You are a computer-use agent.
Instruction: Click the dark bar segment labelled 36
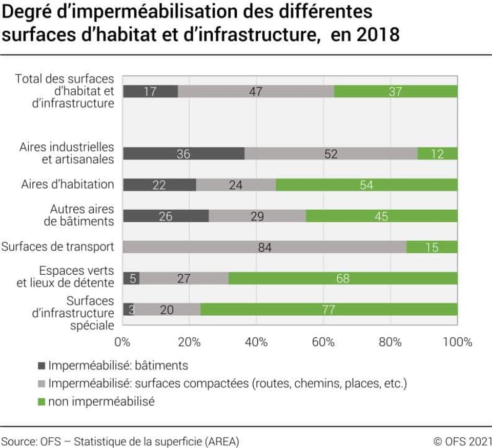click(183, 153)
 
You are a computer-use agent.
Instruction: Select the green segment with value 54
click(366, 185)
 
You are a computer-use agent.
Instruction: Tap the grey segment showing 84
click(265, 247)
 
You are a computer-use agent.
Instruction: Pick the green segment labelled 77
click(329, 309)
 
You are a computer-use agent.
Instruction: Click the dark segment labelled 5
click(131, 278)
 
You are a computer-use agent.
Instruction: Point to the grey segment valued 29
click(257, 216)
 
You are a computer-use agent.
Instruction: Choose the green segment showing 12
click(437, 153)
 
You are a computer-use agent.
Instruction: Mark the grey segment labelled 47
click(256, 91)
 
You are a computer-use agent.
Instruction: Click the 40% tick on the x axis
click(256, 342)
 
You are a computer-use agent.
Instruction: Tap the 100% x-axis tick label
click(458, 342)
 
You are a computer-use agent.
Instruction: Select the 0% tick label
click(122, 342)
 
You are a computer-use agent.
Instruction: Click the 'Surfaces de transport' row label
click(58, 247)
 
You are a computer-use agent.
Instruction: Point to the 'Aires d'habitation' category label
click(68, 184)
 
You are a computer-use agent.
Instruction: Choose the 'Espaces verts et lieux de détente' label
click(65, 277)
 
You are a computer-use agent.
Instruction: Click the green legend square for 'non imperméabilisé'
click(42, 401)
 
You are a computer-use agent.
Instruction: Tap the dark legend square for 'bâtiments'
click(42, 365)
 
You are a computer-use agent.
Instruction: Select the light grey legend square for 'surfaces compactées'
click(42, 383)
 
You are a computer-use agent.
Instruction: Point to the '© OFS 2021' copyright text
click(462, 441)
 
